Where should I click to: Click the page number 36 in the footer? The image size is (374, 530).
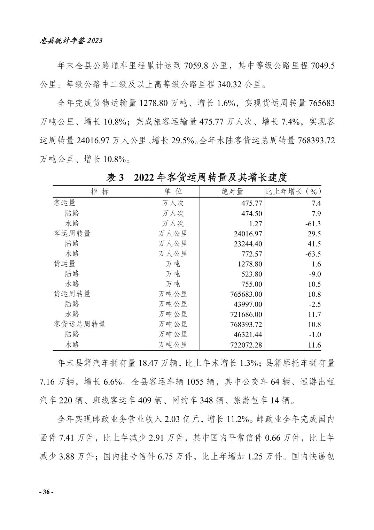46,492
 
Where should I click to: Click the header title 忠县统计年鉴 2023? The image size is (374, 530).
71,41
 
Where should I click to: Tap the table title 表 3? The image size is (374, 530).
115,177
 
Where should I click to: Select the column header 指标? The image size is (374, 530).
100,191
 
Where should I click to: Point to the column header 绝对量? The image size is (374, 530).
232,191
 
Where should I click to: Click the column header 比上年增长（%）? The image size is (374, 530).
293,191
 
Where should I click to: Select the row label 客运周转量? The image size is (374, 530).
72,233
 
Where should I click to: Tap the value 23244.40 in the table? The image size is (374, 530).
248,244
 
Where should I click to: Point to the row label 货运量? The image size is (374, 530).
64,264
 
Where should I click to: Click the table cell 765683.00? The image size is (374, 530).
246,294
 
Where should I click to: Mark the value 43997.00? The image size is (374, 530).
248,304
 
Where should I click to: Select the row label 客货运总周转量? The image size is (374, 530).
80,324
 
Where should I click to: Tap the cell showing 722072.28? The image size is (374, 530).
246,345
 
